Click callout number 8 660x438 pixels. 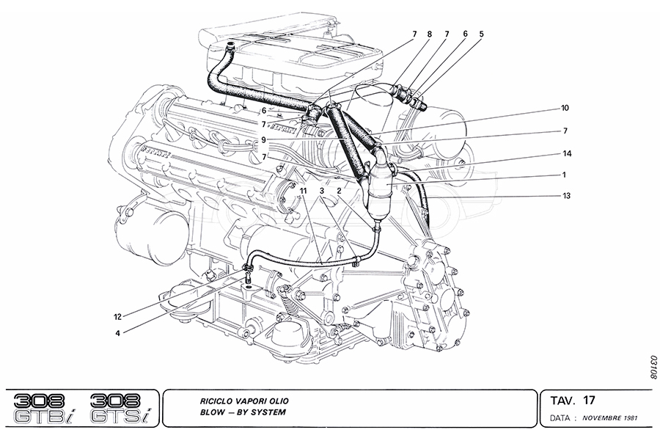(x=430, y=34)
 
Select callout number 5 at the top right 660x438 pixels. (x=482, y=34)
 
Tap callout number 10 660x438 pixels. (x=565, y=108)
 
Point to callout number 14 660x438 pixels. (x=568, y=154)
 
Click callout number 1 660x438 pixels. (x=565, y=175)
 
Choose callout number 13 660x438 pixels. (x=568, y=196)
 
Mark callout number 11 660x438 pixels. (x=302, y=191)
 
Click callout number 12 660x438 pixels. (x=117, y=317)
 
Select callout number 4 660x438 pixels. (x=117, y=332)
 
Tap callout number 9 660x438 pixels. (x=263, y=139)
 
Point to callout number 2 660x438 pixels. (x=340, y=191)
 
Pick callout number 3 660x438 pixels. (x=321, y=191)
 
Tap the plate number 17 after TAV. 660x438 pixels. (x=589, y=400)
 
